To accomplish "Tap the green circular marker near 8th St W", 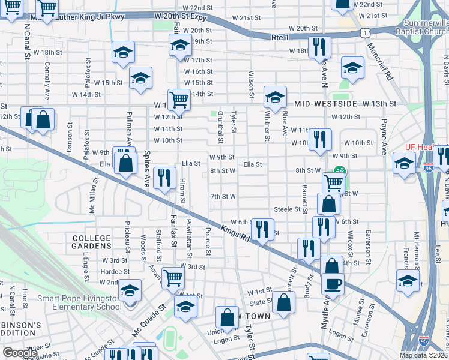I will click(x=339, y=171).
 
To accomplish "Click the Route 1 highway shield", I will click(x=365, y=34).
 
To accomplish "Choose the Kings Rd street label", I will click(x=235, y=231).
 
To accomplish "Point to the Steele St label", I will click(x=287, y=209).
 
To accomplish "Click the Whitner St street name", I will click(x=266, y=124).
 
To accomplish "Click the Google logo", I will click(x=20, y=353).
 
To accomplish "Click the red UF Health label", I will click(x=418, y=147).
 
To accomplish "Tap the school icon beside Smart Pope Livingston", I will click(x=130, y=290).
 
